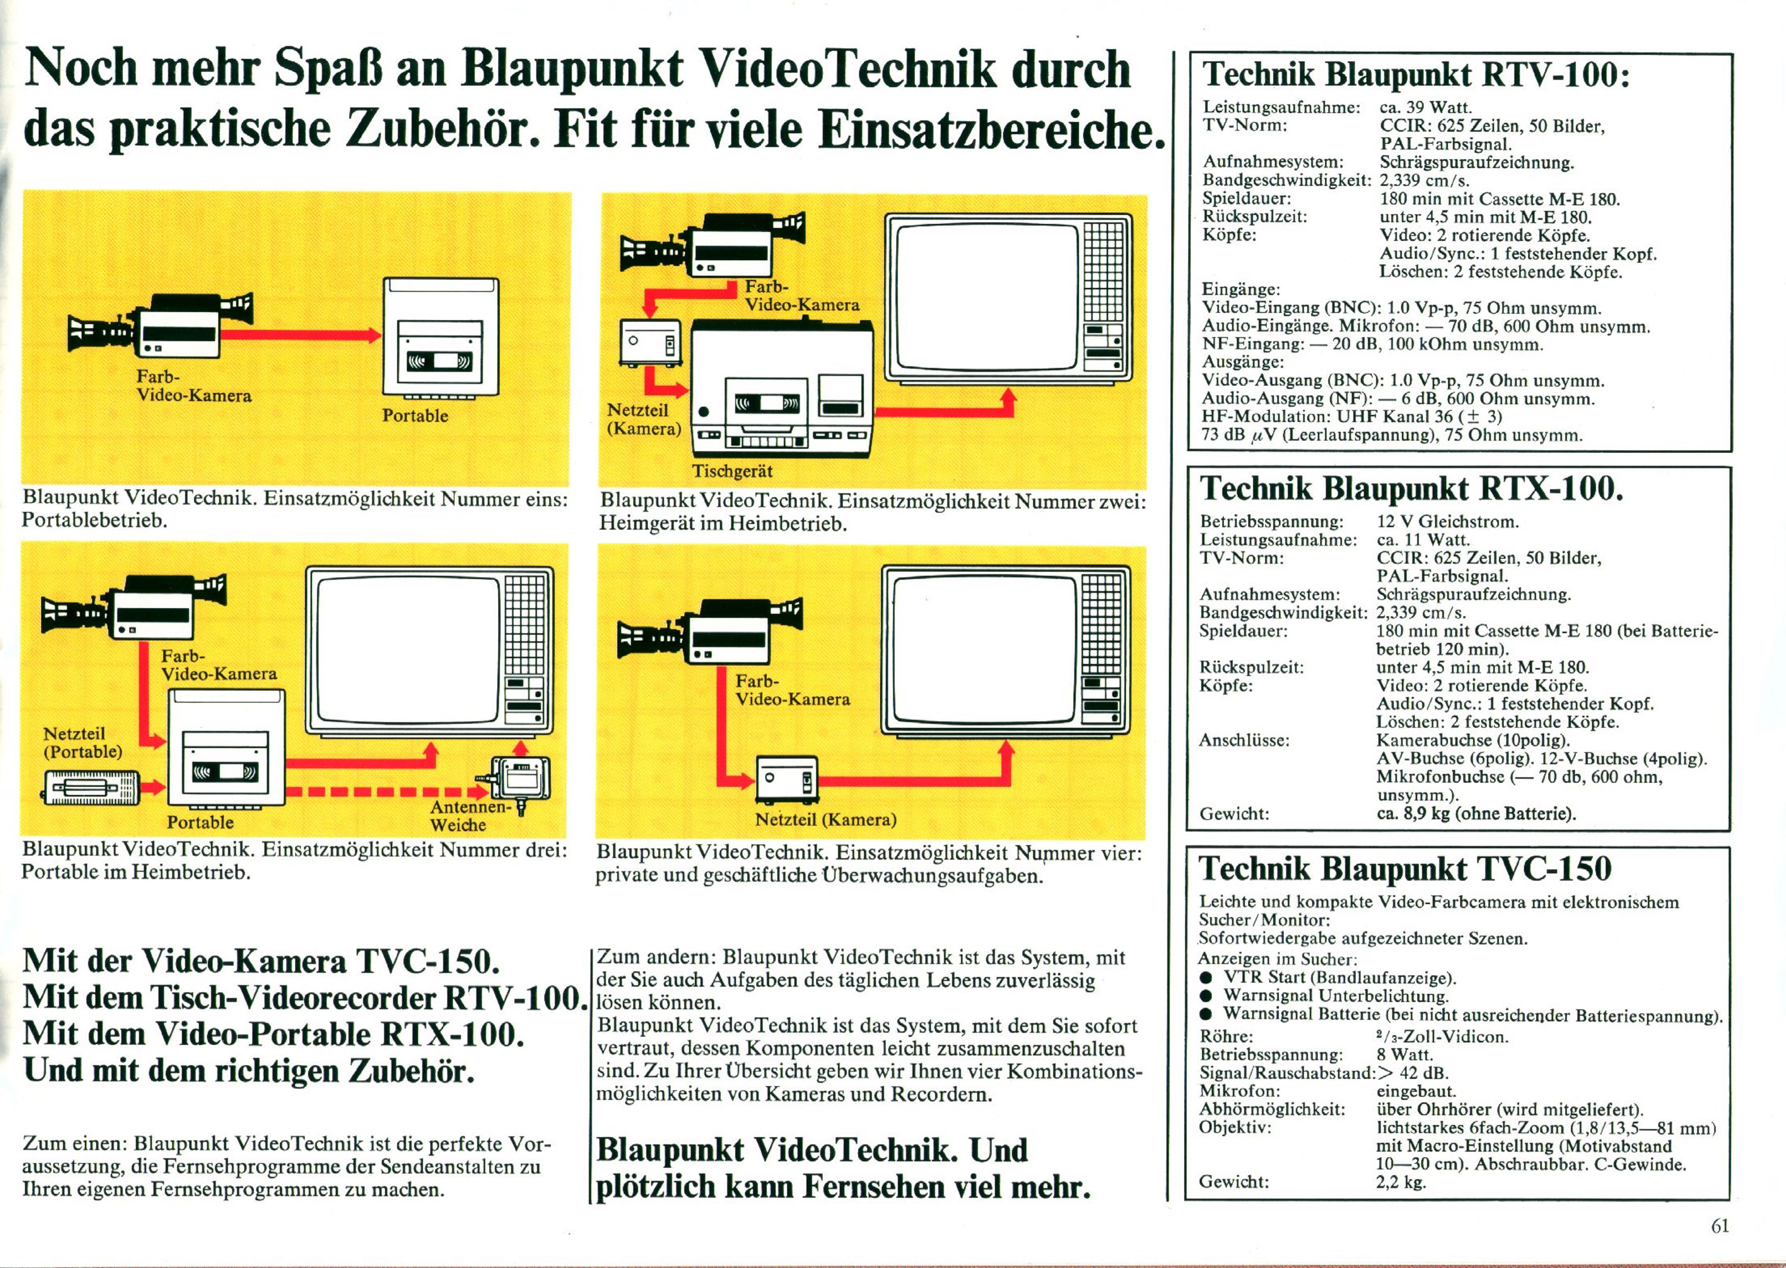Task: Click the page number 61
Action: [x=1720, y=1226]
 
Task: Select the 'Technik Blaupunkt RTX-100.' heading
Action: [x=1411, y=489]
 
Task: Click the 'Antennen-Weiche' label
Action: [x=470, y=816]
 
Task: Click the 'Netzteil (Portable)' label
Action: [x=83, y=743]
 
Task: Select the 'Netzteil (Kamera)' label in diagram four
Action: [x=826, y=820]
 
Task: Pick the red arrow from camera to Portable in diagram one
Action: [x=300, y=335]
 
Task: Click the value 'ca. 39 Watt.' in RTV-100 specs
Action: [x=1426, y=108]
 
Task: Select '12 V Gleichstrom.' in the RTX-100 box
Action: [x=1448, y=521]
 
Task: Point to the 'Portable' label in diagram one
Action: [x=415, y=415]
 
